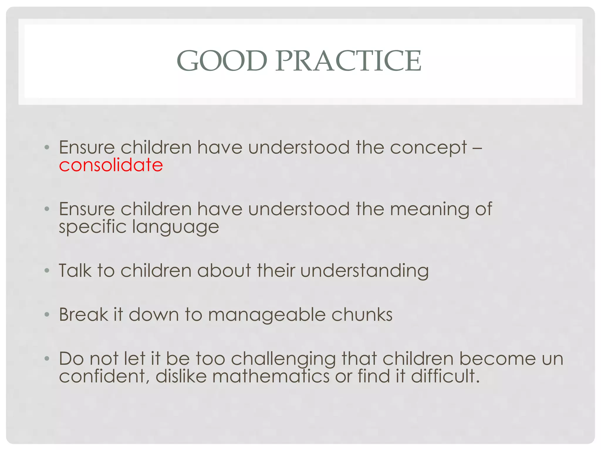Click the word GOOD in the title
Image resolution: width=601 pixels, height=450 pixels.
(x=222, y=61)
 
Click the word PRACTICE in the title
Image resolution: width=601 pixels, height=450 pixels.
(x=348, y=61)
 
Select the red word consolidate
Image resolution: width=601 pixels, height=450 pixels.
(x=111, y=165)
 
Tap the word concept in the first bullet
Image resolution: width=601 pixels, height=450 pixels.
(x=428, y=148)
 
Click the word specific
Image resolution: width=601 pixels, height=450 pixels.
(x=92, y=227)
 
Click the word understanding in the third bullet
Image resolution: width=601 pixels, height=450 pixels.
(x=364, y=271)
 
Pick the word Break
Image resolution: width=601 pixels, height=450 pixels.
(x=84, y=315)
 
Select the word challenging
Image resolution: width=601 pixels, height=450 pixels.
(x=283, y=359)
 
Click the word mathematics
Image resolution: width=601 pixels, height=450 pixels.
(x=271, y=376)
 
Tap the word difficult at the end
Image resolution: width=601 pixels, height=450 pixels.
(x=445, y=376)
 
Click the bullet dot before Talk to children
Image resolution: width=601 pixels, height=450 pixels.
(x=47, y=271)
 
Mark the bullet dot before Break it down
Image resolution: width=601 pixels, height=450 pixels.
(x=47, y=315)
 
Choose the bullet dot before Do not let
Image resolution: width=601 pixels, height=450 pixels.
(x=47, y=359)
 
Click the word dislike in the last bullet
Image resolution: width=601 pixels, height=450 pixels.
(x=181, y=376)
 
